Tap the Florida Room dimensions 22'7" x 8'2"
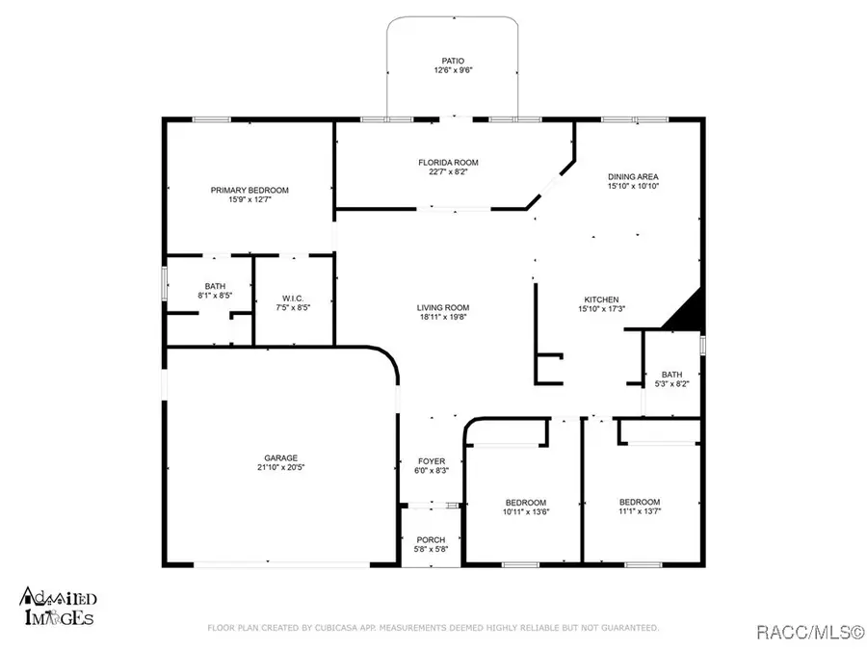tap(448, 173)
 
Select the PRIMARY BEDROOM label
tap(250, 190)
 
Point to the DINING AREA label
tap(633, 176)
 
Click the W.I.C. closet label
tap(294, 297)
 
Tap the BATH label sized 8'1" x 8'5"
tap(214, 285)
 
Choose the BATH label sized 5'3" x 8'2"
tap(670, 374)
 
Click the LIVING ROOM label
tap(444, 307)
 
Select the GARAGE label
tap(281, 457)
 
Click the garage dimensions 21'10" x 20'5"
tap(281, 468)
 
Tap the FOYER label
tap(431, 461)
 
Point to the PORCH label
tap(430, 539)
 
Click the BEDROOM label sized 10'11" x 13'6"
tap(526, 502)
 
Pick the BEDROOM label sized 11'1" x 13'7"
tap(640, 502)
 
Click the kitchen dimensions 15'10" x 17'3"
tap(601, 310)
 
